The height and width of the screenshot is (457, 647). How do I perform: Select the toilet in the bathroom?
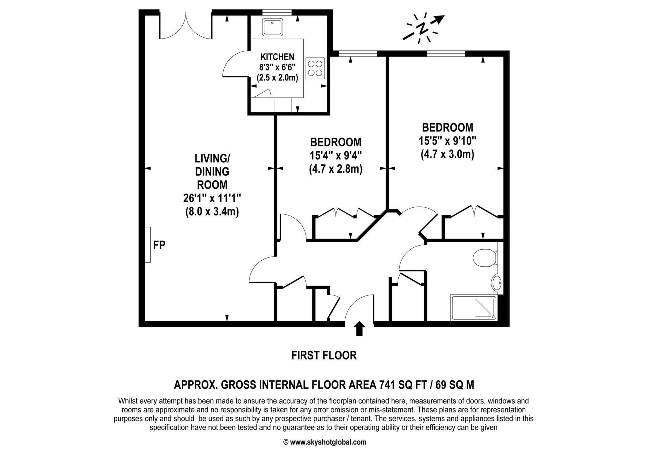coord(485,258)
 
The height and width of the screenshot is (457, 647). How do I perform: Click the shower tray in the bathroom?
coord(474,308)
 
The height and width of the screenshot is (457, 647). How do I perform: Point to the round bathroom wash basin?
coord(496,282)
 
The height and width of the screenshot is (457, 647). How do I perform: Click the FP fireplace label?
coord(159,245)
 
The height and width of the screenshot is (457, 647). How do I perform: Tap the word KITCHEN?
coord(277,57)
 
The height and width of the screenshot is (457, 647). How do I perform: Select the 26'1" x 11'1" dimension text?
coord(212,198)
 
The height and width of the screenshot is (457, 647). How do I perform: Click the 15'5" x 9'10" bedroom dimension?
coord(447,140)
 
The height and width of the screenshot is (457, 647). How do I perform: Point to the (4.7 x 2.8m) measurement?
coord(336,169)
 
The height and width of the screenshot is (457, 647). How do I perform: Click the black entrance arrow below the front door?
coord(359,329)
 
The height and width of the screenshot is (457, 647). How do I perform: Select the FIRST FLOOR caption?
coord(324,355)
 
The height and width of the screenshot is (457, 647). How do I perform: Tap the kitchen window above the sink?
coord(277,12)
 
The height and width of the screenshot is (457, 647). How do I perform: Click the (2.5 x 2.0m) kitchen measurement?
coord(277,77)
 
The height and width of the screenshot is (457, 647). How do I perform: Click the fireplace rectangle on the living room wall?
coord(148,245)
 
